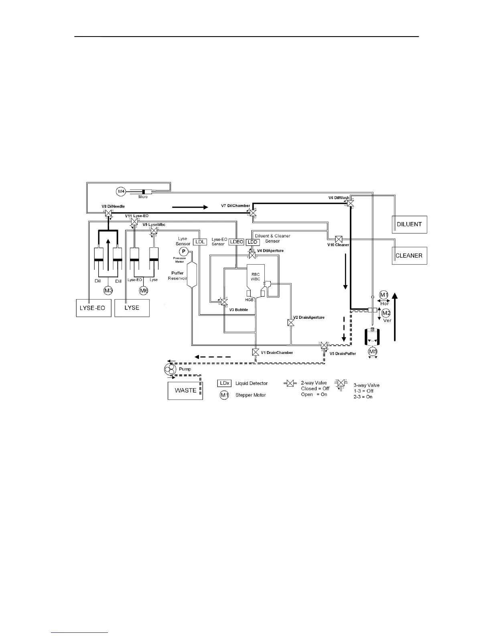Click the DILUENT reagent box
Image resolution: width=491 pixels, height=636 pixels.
pyautogui.click(x=409, y=224)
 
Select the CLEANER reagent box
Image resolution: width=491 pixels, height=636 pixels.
pyautogui.click(x=409, y=255)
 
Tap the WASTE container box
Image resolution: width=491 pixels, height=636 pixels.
pyautogui.click(x=185, y=390)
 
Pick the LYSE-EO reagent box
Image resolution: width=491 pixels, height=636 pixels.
pyautogui.click(x=93, y=308)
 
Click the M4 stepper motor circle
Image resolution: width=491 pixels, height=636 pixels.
pyautogui.click(x=122, y=192)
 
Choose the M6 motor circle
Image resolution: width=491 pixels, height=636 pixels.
pyautogui.click(x=144, y=290)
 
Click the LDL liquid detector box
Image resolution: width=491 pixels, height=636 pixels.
pyautogui.click(x=200, y=242)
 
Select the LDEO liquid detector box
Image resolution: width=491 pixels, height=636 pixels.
pyautogui.click(x=236, y=242)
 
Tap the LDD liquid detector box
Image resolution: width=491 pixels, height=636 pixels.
pyautogui.click(x=253, y=242)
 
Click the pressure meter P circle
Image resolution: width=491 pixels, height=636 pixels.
pyautogui.click(x=183, y=251)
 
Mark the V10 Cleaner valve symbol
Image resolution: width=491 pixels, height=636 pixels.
pyautogui.click(x=338, y=239)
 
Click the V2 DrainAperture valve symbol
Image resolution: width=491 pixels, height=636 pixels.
pyautogui.click(x=291, y=322)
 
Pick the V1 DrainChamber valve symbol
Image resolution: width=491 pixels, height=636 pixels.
pyautogui.click(x=256, y=352)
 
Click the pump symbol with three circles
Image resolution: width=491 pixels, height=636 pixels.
pyautogui.click(x=170, y=369)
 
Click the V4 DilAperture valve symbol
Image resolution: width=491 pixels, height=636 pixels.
pyautogui.click(x=253, y=256)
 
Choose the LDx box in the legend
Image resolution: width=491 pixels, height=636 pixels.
pyautogui.click(x=224, y=383)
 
